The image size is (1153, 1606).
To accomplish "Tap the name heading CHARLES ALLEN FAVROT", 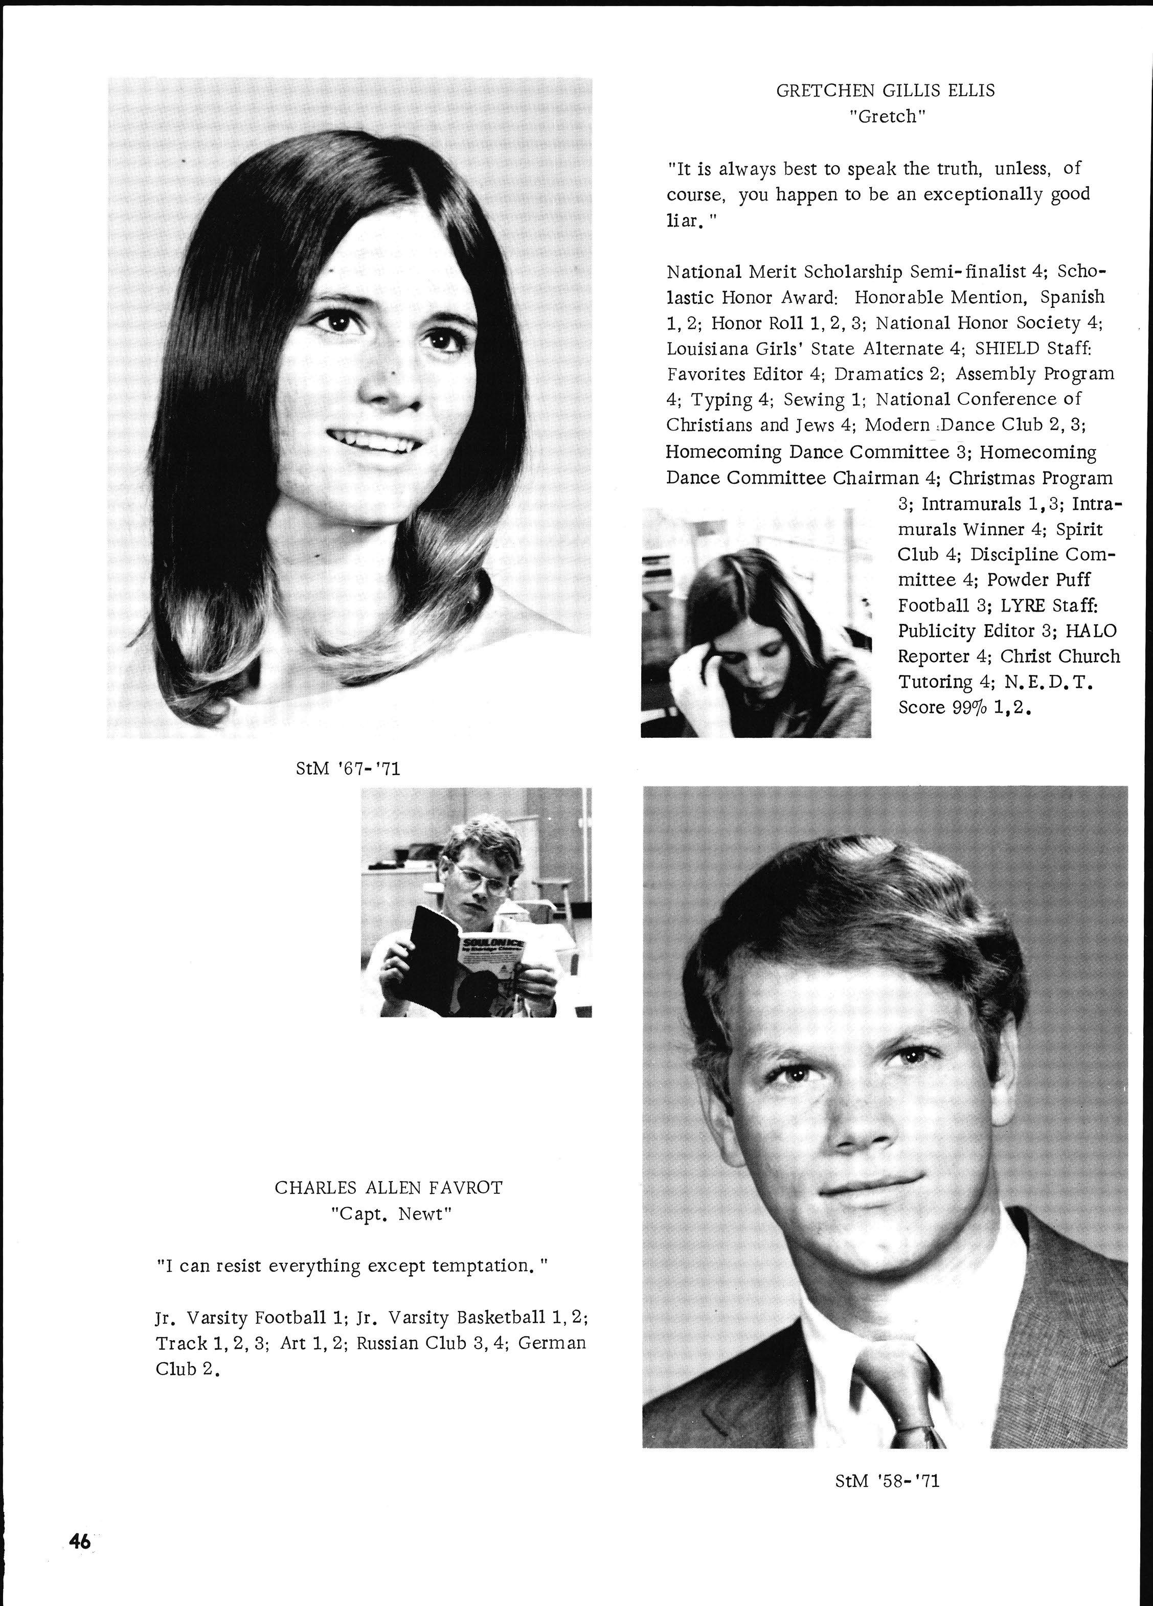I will coord(388,1188).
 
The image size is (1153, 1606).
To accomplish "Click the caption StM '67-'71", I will coord(348,768).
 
